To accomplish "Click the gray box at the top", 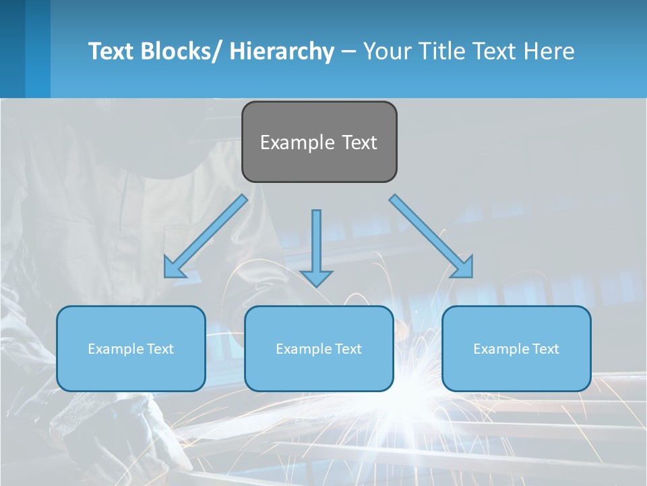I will click(x=319, y=142).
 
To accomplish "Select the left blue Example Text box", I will click(x=131, y=348).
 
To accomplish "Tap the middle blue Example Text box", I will click(x=319, y=348).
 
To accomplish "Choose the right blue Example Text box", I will click(x=516, y=348).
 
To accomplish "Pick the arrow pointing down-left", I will click(x=206, y=236).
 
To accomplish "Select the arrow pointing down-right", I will click(x=431, y=236).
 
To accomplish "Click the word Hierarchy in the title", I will click(x=282, y=51).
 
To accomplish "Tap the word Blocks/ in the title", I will click(x=180, y=51).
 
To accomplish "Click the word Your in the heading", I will click(x=386, y=51).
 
